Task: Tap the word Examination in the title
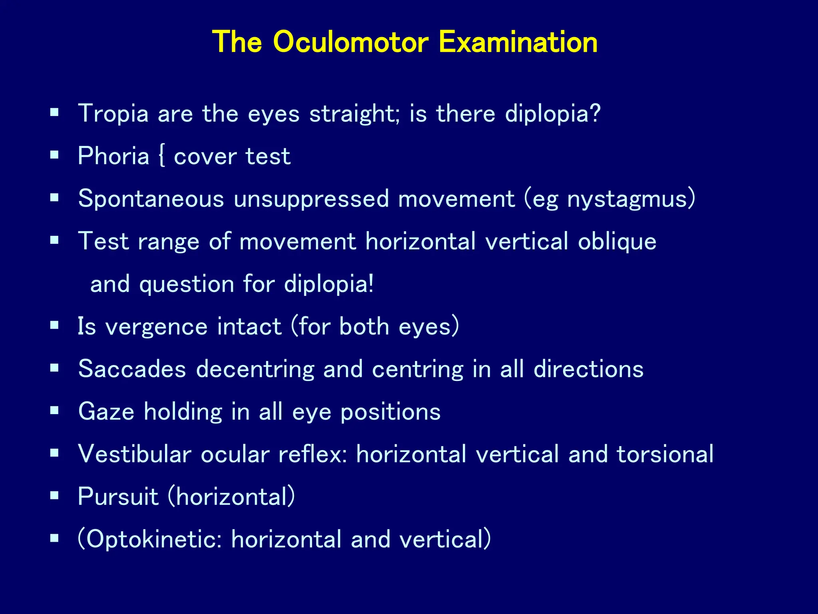point(518,42)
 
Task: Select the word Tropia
point(113,114)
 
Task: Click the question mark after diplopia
point(595,114)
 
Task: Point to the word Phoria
point(113,156)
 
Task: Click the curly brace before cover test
point(161,156)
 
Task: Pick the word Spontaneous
point(151,199)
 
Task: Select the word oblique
point(617,241)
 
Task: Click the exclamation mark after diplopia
point(371,284)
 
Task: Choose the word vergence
point(156,327)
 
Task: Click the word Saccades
point(132,369)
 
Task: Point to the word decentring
point(255,369)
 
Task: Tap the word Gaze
point(106,411)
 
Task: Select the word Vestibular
point(135,454)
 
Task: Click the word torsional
point(665,454)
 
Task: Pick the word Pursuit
point(118,497)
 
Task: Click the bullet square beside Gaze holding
point(55,411)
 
